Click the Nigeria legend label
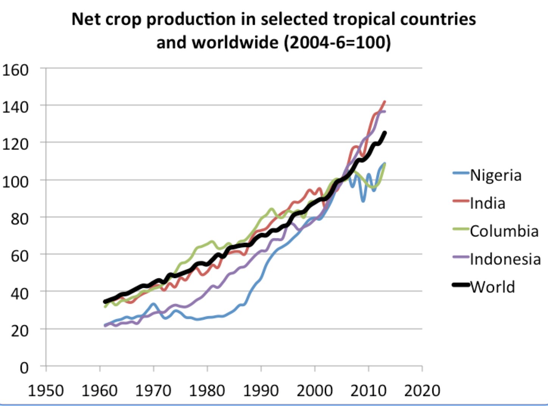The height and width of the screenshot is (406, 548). click(495, 175)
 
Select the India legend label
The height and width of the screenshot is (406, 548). click(487, 203)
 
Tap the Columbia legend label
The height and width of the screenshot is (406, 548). click(504, 231)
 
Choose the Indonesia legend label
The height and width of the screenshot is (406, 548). click(505, 259)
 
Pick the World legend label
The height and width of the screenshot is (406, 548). click(492, 287)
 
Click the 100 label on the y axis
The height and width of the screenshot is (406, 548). click(16, 181)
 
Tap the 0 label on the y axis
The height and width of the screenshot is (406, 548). click(24, 367)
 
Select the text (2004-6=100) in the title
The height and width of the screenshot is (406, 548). click(337, 42)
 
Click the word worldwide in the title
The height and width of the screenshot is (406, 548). click(235, 42)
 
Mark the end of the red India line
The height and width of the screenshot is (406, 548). click(385, 101)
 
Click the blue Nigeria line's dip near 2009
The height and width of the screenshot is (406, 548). click(363, 201)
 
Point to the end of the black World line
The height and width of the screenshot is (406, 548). click(385, 133)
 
